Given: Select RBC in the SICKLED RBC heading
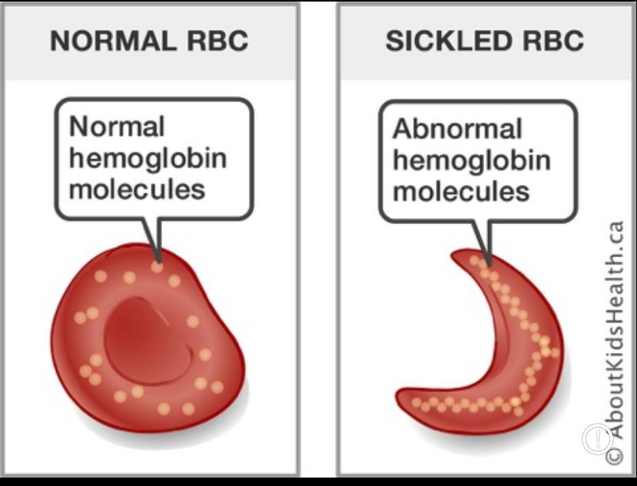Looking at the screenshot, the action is [551, 41].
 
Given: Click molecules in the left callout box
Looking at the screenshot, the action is [138, 188].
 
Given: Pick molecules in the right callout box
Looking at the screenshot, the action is [461, 190].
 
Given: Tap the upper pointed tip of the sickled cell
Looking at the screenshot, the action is [460, 256].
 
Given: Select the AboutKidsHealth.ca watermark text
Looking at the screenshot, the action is [615, 330].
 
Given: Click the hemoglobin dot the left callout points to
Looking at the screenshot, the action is [157, 266].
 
